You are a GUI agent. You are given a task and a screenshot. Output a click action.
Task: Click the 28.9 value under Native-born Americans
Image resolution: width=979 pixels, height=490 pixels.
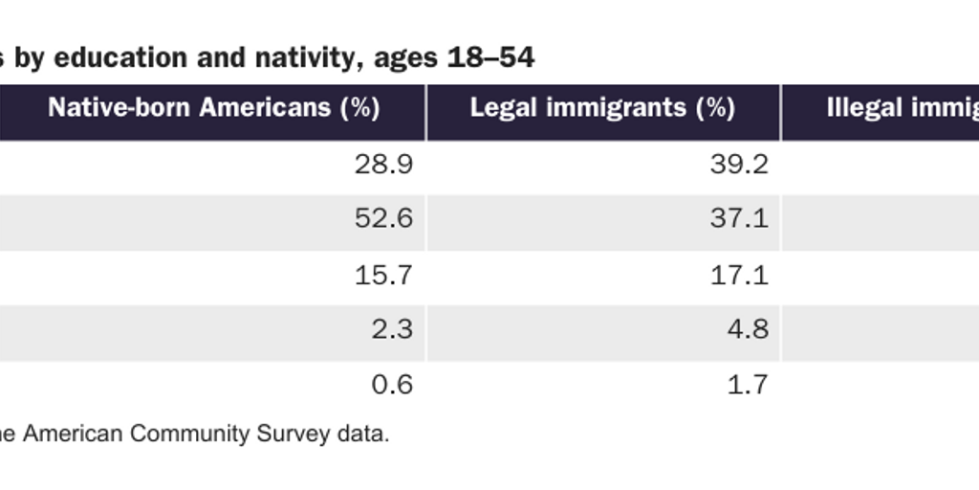[384, 166]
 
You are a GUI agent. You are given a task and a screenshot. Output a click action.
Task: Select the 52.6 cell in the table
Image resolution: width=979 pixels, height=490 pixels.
[384, 220]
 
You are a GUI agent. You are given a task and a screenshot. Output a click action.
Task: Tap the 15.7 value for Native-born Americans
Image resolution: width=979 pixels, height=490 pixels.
[384, 276]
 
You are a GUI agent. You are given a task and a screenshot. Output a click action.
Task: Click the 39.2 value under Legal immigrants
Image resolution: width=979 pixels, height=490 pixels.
[740, 166]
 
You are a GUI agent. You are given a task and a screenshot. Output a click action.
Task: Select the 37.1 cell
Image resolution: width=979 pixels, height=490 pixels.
[740, 220]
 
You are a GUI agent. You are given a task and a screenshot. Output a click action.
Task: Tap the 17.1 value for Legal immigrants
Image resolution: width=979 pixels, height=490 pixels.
[740, 276]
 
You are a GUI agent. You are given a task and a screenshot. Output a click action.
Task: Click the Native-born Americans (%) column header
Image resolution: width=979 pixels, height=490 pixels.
[214, 107]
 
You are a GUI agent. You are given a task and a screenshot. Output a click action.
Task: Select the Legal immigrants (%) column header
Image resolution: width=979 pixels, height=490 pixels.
[602, 107]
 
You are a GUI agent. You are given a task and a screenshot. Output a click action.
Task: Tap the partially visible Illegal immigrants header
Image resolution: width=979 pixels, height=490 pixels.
[901, 107]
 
